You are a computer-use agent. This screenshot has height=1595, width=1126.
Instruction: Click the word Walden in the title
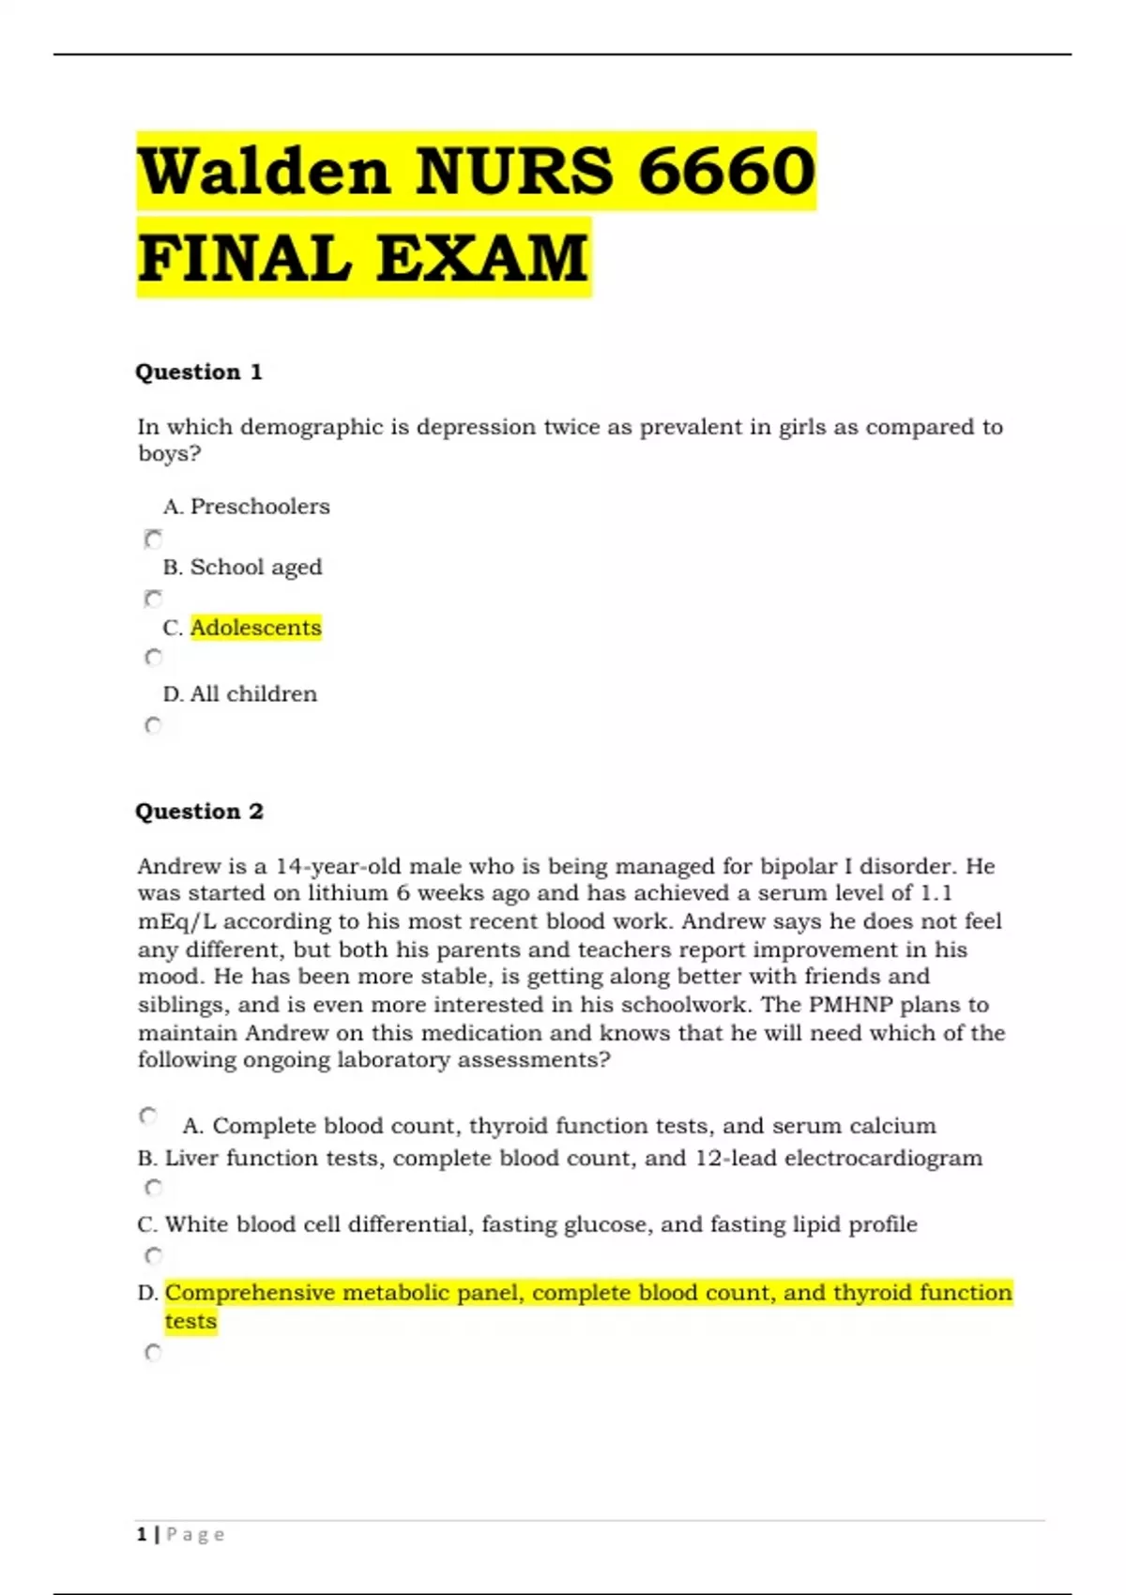tap(264, 171)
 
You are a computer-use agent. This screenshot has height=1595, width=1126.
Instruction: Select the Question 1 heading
tap(199, 372)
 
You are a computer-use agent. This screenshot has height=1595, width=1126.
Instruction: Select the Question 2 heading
tap(199, 811)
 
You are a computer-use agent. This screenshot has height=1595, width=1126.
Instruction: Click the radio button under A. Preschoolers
tap(153, 539)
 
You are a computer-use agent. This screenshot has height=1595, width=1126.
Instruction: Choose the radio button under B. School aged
tap(153, 599)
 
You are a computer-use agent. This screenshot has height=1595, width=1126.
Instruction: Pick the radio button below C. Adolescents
tap(153, 658)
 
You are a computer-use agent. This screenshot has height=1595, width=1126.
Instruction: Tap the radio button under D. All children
tap(153, 725)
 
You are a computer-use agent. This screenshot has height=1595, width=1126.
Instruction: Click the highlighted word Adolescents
tap(255, 627)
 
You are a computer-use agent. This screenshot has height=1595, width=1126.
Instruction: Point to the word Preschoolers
tap(260, 507)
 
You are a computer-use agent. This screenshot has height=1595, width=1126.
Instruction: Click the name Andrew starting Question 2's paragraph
tap(179, 866)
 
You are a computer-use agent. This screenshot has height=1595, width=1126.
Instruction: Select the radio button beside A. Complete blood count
tap(148, 1116)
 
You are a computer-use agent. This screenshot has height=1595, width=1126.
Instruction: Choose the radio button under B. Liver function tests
tap(153, 1188)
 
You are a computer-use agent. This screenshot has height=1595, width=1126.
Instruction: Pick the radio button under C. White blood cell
tap(153, 1255)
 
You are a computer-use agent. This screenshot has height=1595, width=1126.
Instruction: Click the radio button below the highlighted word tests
tap(153, 1352)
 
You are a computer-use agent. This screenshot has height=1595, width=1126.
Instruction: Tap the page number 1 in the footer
tap(142, 1535)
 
